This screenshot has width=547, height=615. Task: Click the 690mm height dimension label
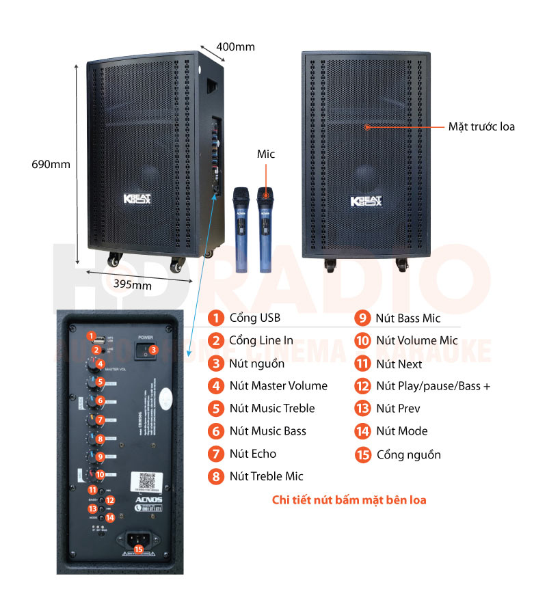click(x=51, y=164)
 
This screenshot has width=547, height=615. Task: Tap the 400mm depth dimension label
click(x=235, y=46)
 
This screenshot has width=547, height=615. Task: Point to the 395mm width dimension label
click(x=133, y=285)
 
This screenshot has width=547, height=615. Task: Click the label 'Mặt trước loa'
click(x=481, y=126)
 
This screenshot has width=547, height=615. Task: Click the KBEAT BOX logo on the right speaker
click(x=365, y=200)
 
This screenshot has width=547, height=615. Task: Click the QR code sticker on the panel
click(x=147, y=480)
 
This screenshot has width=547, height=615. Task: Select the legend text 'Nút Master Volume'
click(x=278, y=386)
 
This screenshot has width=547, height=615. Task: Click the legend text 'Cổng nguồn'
click(x=408, y=454)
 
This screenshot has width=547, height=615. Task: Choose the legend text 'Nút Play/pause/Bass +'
click(x=433, y=386)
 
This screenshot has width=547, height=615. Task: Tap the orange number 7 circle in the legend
click(x=216, y=454)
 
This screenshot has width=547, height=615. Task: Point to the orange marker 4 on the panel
click(x=100, y=364)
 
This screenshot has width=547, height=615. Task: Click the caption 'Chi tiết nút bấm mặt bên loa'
click(x=349, y=500)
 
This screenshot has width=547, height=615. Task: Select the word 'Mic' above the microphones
click(x=265, y=154)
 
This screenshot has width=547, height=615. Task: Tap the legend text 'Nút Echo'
click(x=253, y=454)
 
